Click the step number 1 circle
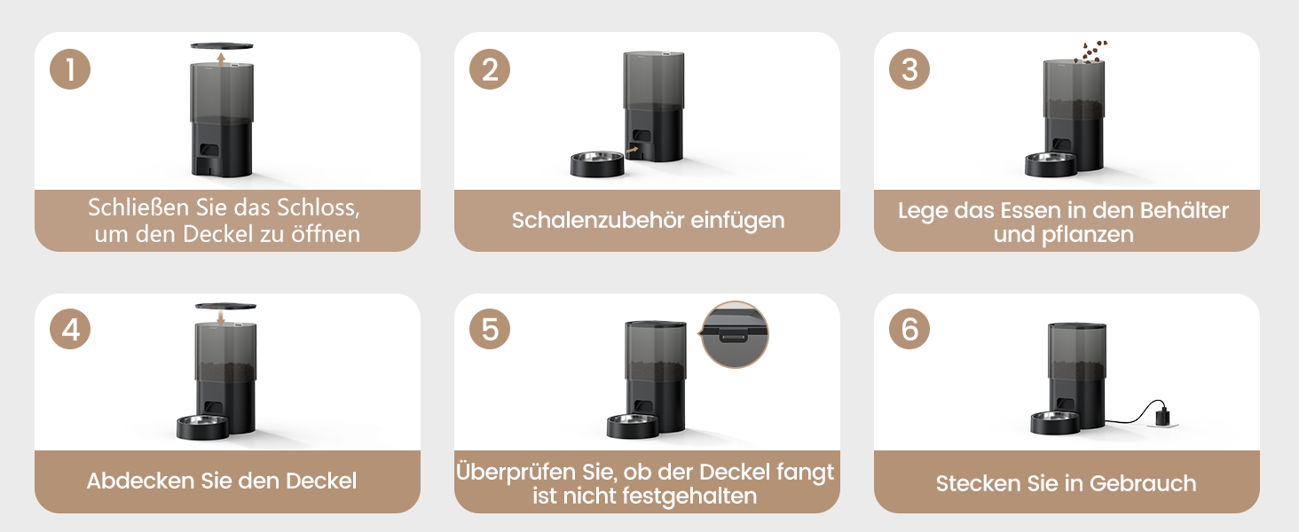(x=70, y=69)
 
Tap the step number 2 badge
(x=490, y=69)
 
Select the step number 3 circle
(x=909, y=69)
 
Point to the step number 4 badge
(x=70, y=329)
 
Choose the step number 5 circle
(x=490, y=329)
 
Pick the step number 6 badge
(x=909, y=329)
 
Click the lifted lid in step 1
(x=222, y=46)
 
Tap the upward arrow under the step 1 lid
(x=221, y=59)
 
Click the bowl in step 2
(x=597, y=164)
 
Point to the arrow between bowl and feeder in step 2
(x=632, y=150)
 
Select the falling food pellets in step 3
(x=1090, y=52)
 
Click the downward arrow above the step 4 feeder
(x=220, y=317)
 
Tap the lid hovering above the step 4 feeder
(x=225, y=305)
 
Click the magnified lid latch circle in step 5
(x=735, y=334)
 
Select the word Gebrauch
(x=1143, y=483)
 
